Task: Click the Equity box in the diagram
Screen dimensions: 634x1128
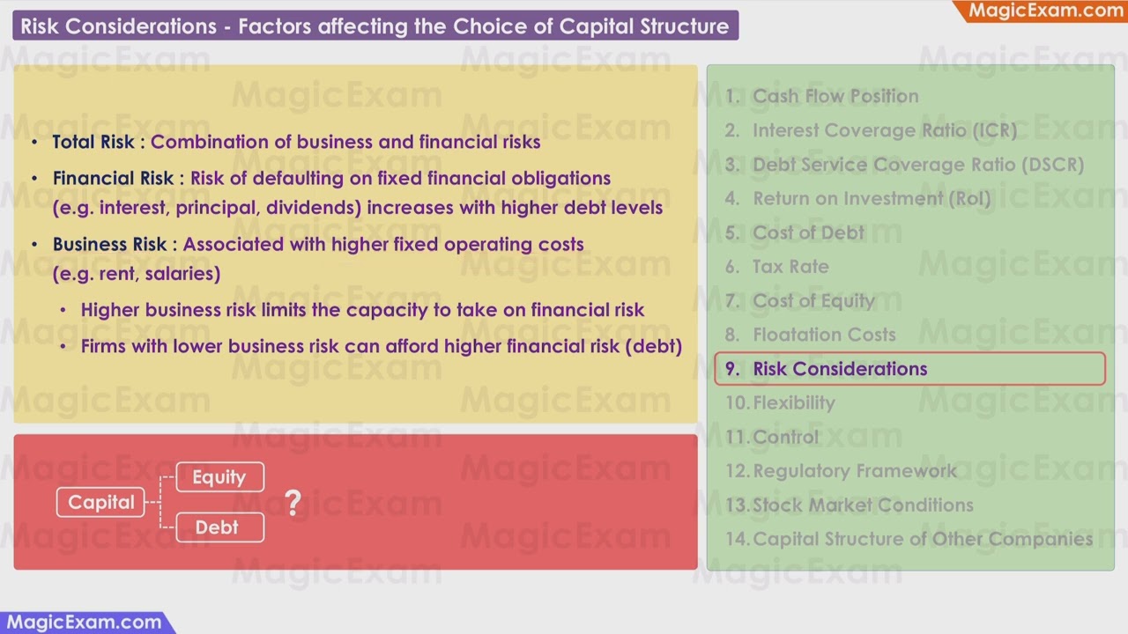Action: pos(219,477)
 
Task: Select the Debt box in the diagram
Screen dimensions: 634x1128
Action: pos(218,527)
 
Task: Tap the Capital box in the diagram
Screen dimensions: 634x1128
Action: pos(101,502)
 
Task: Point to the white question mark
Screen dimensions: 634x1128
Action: pos(293,503)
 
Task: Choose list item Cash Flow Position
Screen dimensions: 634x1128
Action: pos(835,96)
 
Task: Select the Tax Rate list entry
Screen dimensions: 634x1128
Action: pos(790,267)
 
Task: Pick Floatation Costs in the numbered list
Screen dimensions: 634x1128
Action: pos(823,335)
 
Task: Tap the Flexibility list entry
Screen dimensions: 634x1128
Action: pos(793,403)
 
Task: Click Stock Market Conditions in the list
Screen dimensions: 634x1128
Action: pos(863,505)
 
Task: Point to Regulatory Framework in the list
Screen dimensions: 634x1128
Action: pos(854,471)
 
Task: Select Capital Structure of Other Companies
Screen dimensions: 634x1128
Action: pos(922,539)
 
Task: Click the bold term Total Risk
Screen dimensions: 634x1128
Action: pos(93,142)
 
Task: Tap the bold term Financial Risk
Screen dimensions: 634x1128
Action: pos(113,178)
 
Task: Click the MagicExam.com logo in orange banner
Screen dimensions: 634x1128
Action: pos(1045,11)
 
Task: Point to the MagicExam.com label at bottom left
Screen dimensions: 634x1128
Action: pos(81,622)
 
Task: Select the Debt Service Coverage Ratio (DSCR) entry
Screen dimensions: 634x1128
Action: pos(917,165)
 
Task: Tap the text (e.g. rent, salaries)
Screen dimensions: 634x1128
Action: pos(137,273)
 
